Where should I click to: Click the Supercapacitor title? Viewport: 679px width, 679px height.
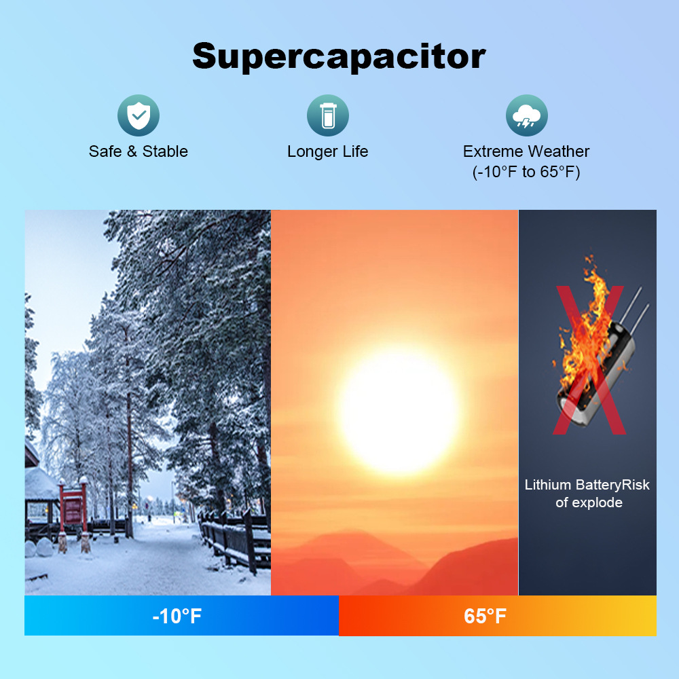pyautogui.click(x=339, y=57)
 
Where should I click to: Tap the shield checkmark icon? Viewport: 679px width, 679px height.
pyautogui.click(x=139, y=115)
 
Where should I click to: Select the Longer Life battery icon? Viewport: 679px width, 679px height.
pyautogui.click(x=328, y=115)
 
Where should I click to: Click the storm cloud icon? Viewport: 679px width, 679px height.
pyautogui.click(x=527, y=115)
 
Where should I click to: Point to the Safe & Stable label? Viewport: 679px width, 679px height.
pyautogui.click(x=138, y=151)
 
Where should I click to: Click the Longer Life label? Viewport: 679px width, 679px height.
pyautogui.click(x=328, y=151)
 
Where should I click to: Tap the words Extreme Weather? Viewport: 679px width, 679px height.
pyautogui.click(x=526, y=151)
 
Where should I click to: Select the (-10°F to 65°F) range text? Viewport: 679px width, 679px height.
pyautogui.click(x=526, y=172)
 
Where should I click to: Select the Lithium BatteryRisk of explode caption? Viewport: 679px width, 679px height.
pyautogui.click(x=587, y=494)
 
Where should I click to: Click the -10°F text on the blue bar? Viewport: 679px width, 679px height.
pyautogui.click(x=177, y=616)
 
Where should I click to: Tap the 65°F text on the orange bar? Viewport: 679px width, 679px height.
pyautogui.click(x=485, y=616)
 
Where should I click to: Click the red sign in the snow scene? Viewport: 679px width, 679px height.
pyautogui.click(x=73, y=509)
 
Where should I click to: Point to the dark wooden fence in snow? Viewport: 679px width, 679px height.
pyautogui.click(x=234, y=539)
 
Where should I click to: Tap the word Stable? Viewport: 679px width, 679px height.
pyautogui.click(x=165, y=151)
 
